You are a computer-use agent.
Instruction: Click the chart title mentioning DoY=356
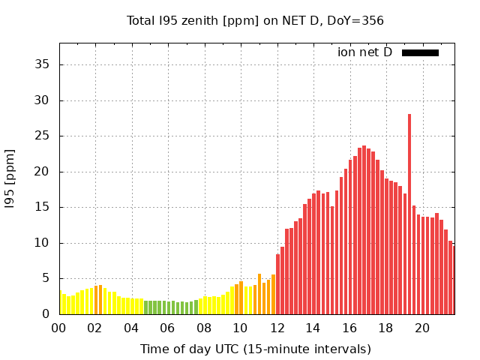(x=255, y=20)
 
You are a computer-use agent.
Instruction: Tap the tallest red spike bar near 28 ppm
(x=409, y=214)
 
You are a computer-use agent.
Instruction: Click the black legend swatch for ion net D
(x=420, y=52)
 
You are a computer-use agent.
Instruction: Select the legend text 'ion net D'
(x=364, y=52)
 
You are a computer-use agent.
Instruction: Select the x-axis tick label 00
(x=58, y=328)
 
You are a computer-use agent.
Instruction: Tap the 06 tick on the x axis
(x=167, y=328)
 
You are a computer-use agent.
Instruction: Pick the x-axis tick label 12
(x=277, y=328)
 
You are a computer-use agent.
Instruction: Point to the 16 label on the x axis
(x=349, y=328)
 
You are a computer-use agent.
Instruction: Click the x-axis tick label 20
(x=422, y=328)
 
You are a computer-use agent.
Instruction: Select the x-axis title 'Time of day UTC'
(x=255, y=349)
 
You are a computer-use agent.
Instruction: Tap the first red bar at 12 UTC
(x=277, y=284)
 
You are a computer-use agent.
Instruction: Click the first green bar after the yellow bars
(x=146, y=307)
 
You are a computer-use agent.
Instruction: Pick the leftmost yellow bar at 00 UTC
(x=61, y=303)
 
